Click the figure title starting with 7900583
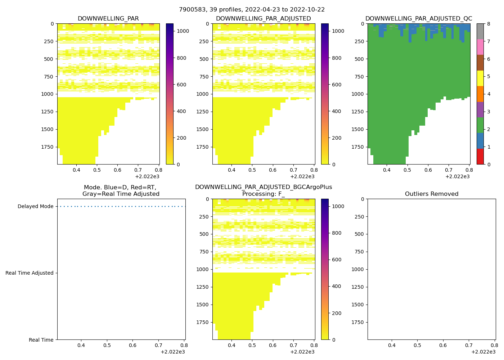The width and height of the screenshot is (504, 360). click(x=252, y=10)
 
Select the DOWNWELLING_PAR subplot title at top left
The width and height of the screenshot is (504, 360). click(x=108, y=19)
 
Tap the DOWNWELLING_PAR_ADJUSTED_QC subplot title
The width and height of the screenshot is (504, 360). click(x=419, y=19)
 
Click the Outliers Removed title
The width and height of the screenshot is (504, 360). click(x=432, y=194)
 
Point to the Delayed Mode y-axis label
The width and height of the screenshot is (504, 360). click(x=35, y=207)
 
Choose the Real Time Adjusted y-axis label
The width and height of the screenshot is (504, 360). click(x=30, y=273)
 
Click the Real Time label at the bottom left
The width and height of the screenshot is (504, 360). click(x=41, y=340)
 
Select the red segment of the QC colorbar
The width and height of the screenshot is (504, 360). click(x=480, y=157)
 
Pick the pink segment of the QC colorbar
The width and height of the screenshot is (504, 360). click(x=480, y=47)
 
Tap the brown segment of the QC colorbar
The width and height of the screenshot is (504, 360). click(x=480, y=63)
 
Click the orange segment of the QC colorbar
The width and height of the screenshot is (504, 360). click(x=480, y=94)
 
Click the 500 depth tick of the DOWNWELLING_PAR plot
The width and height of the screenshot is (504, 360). click(x=49, y=59)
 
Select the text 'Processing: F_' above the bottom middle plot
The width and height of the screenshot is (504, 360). click(x=264, y=194)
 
